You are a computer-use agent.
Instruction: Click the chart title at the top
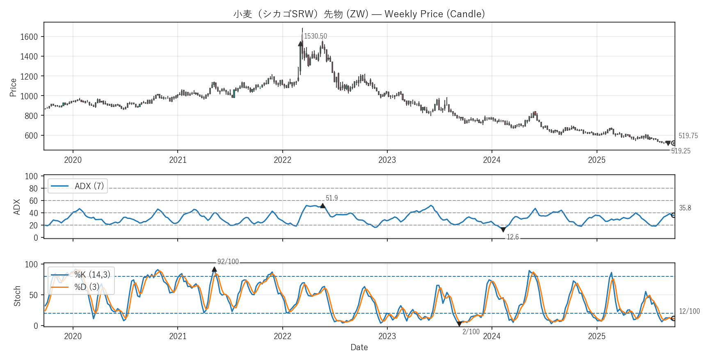(359, 14)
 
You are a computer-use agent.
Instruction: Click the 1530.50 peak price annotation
(315, 36)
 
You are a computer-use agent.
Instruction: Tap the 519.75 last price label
(688, 136)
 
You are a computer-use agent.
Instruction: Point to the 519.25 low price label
(680, 151)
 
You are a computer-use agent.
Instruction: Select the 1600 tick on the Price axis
(29, 37)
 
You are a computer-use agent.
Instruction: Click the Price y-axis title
(13, 87)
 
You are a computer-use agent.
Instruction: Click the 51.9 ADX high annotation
(332, 198)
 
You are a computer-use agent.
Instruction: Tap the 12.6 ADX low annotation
(512, 237)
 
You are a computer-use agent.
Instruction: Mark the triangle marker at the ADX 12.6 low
(503, 230)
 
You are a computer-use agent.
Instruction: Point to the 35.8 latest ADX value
(685, 208)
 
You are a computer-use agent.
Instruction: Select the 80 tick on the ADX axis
(33, 189)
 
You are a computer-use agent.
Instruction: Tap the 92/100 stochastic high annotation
(228, 262)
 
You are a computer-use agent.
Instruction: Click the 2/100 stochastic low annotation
(471, 332)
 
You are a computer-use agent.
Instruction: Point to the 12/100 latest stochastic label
(689, 311)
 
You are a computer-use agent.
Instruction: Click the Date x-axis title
(359, 347)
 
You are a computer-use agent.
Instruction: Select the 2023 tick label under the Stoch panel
(387, 336)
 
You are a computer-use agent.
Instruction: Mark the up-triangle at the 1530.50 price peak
(300, 43)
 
